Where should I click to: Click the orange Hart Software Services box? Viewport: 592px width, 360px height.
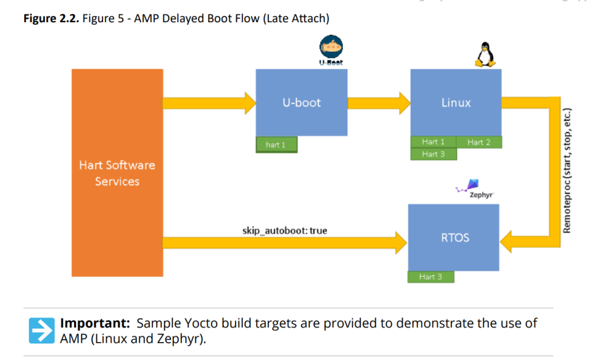click(x=117, y=173)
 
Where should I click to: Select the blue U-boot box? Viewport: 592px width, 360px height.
click(x=302, y=102)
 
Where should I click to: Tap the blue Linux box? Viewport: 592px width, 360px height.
click(x=456, y=102)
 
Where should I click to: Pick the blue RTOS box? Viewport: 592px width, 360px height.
click(x=455, y=237)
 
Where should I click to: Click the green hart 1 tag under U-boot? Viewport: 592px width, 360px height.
click(x=276, y=145)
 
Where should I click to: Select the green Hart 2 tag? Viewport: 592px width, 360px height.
click(x=479, y=142)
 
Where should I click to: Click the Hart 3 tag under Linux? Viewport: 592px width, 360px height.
click(x=434, y=154)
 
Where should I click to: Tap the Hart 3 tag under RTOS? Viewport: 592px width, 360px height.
click(x=430, y=277)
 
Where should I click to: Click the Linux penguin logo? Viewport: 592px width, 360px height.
click(x=485, y=54)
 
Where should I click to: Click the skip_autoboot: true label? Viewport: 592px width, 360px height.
click(x=284, y=231)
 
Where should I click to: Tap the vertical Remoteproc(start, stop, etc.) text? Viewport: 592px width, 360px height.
click(x=567, y=171)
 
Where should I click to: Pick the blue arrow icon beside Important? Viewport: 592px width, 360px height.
click(x=41, y=330)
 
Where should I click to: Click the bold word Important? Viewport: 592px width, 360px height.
click(x=95, y=324)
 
